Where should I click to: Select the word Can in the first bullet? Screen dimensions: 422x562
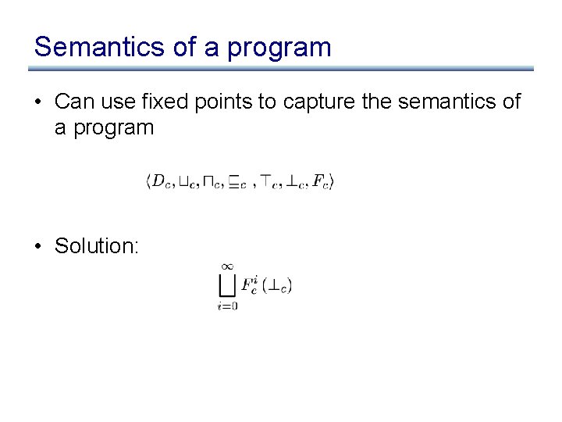74,102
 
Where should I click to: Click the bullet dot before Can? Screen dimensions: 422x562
39,102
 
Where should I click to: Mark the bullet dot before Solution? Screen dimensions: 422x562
39,246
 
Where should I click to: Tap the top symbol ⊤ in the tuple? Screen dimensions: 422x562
266,182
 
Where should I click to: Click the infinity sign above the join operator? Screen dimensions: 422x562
228,267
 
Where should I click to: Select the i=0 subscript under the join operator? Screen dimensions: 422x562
228,306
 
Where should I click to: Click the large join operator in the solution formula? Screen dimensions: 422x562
228,285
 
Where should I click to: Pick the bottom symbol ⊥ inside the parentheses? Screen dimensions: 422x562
274,287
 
